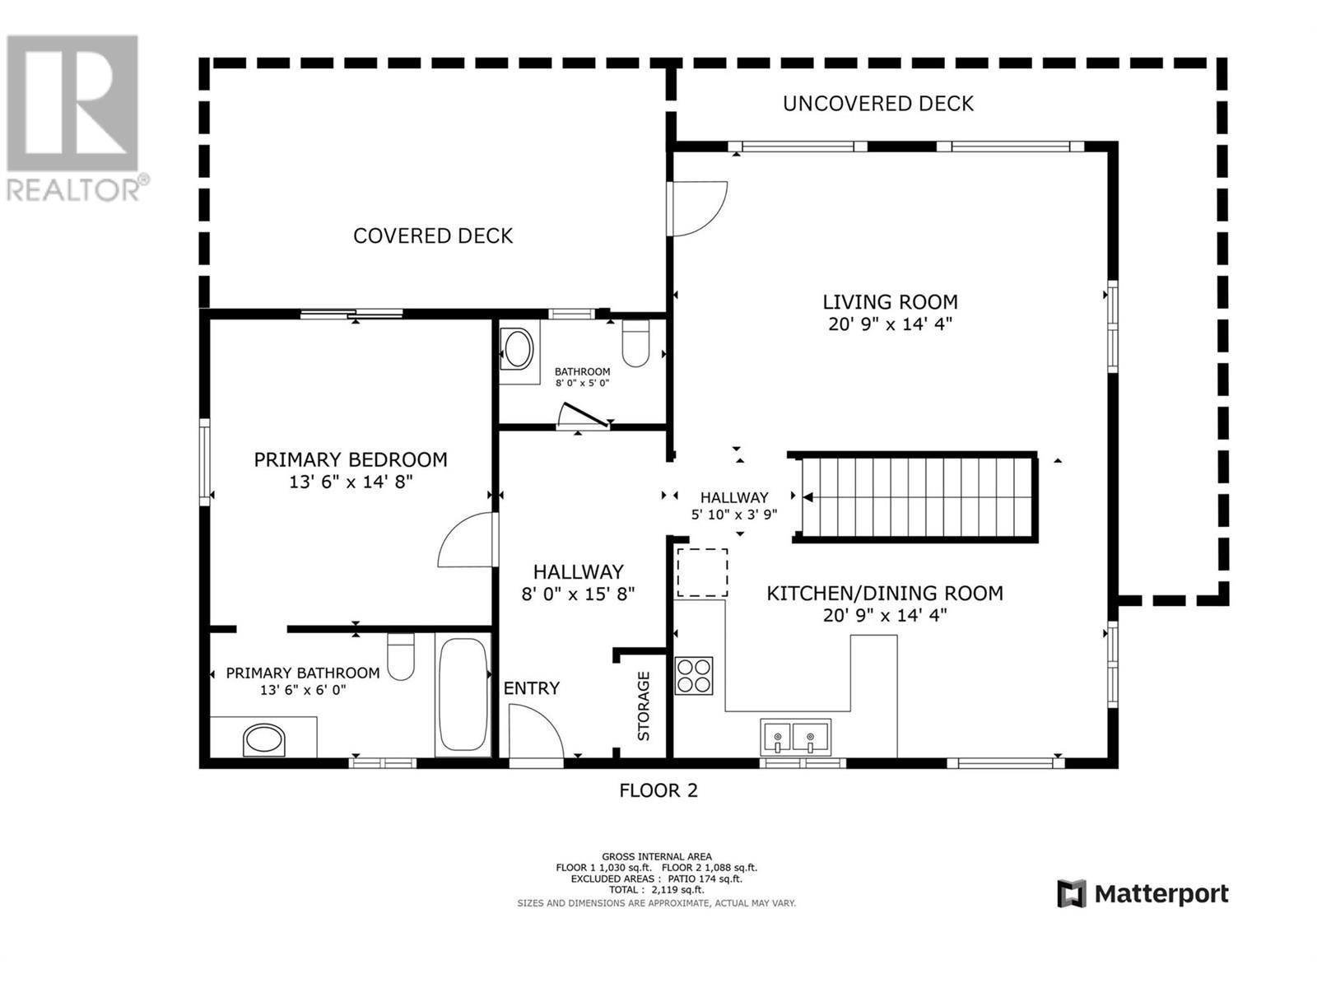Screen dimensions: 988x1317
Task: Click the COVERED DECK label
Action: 433,236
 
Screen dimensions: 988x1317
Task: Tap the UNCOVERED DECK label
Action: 877,104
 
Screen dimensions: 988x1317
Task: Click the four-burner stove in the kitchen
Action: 693,675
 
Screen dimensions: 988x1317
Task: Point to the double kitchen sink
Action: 796,735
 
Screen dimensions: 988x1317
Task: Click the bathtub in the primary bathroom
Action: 463,694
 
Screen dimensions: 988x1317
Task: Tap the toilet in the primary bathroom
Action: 401,657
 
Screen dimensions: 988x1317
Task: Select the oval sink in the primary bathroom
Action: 264,739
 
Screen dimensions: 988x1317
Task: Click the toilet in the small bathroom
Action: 636,344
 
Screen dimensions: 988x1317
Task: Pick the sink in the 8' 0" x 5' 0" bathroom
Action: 519,349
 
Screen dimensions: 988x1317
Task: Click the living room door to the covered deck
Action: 698,208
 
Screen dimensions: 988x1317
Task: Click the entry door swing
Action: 535,734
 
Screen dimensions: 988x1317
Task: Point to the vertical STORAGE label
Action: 644,706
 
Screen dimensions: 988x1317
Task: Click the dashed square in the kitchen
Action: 702,572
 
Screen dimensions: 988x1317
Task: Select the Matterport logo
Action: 1142,893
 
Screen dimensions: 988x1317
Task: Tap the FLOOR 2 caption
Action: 658,790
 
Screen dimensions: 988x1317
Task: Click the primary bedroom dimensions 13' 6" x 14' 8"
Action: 351,482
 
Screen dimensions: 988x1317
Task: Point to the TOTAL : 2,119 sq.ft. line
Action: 656,890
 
